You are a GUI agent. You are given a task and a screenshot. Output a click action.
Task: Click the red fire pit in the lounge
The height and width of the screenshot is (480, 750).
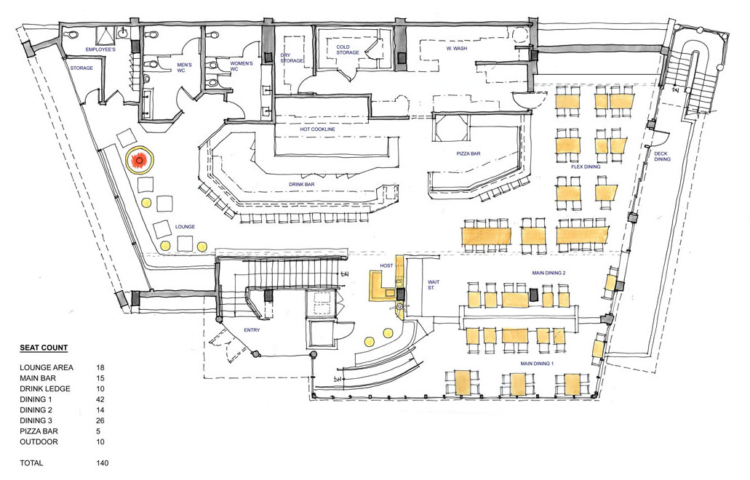(140, 161)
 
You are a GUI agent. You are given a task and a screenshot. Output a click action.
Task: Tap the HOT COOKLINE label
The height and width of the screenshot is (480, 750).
(318, 129)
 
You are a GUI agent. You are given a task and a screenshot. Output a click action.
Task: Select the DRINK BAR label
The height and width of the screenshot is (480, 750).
(302, 184)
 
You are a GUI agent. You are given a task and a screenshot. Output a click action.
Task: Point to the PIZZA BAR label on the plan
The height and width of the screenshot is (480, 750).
(468, 153)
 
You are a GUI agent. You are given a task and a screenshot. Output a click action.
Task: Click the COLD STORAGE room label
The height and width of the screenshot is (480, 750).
(348, 49)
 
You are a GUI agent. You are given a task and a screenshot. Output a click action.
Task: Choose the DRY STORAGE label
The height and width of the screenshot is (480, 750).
(292, 58)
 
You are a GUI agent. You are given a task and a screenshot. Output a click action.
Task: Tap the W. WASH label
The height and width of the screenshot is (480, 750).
(457, 48)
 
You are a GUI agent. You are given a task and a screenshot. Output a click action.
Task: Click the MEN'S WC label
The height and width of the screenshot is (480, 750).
(183, 68)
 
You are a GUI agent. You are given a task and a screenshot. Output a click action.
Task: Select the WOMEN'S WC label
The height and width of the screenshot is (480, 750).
(241, 66)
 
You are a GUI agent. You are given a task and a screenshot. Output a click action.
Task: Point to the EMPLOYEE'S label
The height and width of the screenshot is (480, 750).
(100, 49)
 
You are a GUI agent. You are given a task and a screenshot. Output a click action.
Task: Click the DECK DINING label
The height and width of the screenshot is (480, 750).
(662, 156)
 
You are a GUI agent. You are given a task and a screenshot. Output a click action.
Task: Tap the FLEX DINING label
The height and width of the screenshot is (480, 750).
(586, 167)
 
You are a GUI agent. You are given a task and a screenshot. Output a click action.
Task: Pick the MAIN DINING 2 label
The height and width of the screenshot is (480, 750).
(548, 273)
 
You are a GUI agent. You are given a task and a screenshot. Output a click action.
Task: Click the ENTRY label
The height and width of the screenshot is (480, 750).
(252, 330)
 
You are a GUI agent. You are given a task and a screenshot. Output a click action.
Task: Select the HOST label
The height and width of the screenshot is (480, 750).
(386, 265)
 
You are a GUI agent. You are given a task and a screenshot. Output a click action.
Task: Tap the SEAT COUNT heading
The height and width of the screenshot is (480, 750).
(44, 348)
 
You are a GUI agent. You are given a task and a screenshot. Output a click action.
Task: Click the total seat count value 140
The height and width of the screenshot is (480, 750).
(103, 463)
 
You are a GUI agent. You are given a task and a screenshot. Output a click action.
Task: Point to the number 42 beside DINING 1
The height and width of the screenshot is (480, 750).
(100, 399)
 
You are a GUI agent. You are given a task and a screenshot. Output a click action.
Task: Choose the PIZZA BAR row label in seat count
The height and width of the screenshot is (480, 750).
(39, 431)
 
